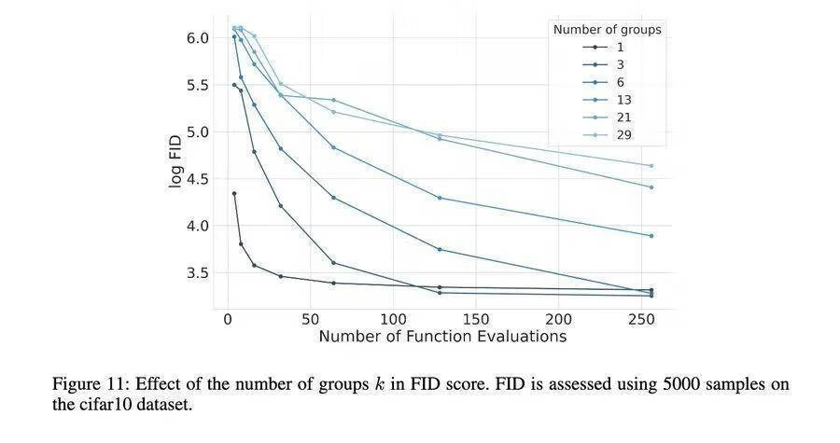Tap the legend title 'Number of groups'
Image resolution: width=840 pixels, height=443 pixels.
tap(607, 30)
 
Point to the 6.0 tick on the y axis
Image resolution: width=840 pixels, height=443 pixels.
tap(198, 38)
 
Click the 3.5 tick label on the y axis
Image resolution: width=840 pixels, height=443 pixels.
tap(198, 273)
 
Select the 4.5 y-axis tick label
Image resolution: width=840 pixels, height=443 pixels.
tap(198, 179)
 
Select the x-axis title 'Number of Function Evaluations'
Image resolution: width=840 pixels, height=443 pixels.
tap(441, 337)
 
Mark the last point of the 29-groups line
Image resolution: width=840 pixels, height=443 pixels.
tap(651, 166)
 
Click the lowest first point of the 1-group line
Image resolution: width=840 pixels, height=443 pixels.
tap(234, 193)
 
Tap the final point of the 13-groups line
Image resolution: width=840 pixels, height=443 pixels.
tap(651, 236)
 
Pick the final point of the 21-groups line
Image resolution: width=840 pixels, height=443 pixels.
tap(651, 187)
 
